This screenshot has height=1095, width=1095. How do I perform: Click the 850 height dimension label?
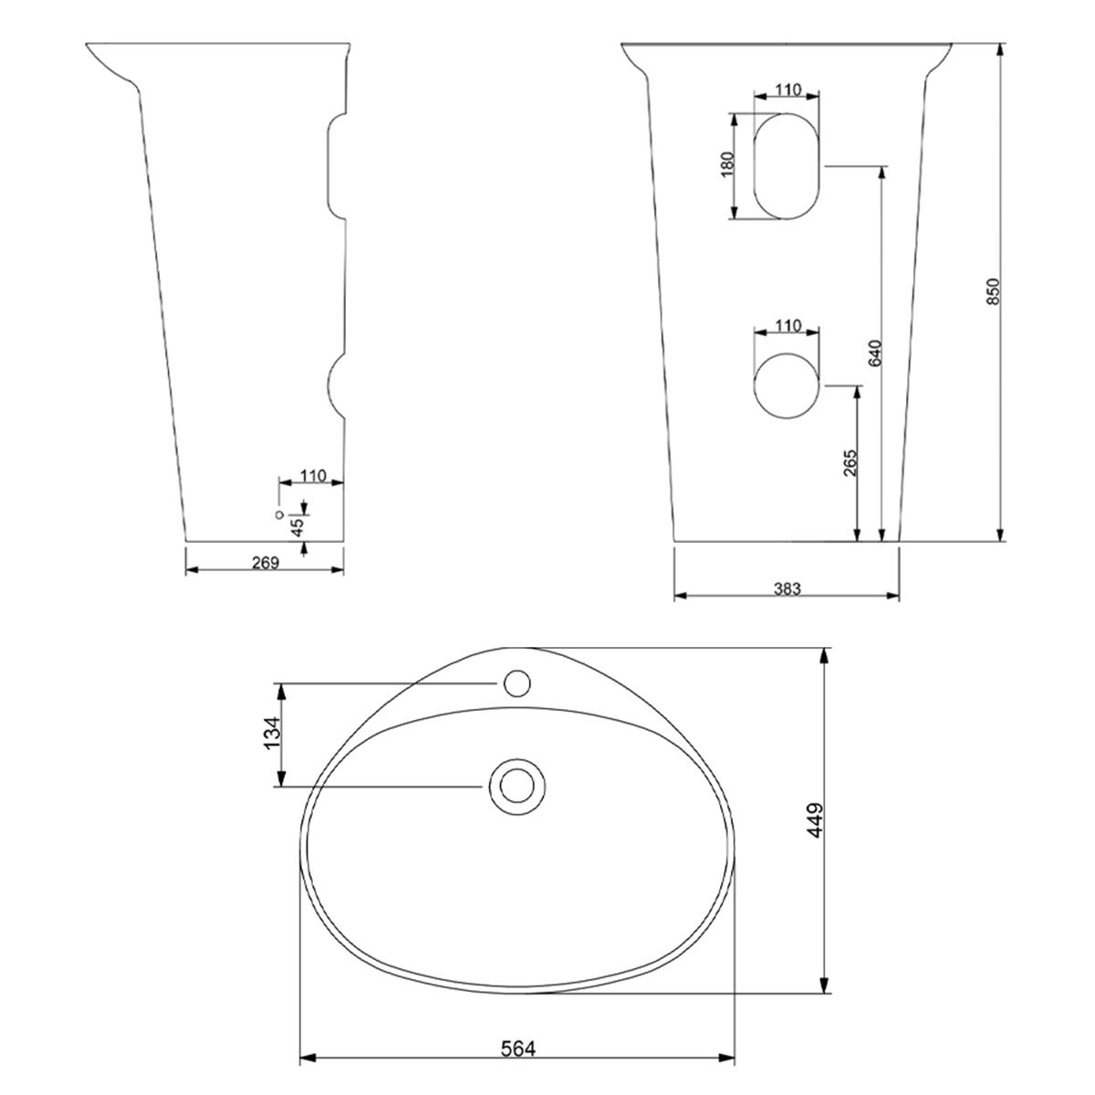(992, 291)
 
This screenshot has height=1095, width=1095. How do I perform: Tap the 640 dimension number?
(875, 353)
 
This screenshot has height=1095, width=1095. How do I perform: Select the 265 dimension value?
(850, 464)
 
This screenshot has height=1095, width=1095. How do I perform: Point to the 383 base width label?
(787, 589)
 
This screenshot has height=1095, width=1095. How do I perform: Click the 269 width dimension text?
(266, 563)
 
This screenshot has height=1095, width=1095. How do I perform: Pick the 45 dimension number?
(297, 527)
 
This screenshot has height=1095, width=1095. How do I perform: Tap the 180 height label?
(728, 165)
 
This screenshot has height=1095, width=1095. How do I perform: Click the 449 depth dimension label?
(816, 820)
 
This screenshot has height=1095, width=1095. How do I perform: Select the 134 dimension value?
(272, 733)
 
